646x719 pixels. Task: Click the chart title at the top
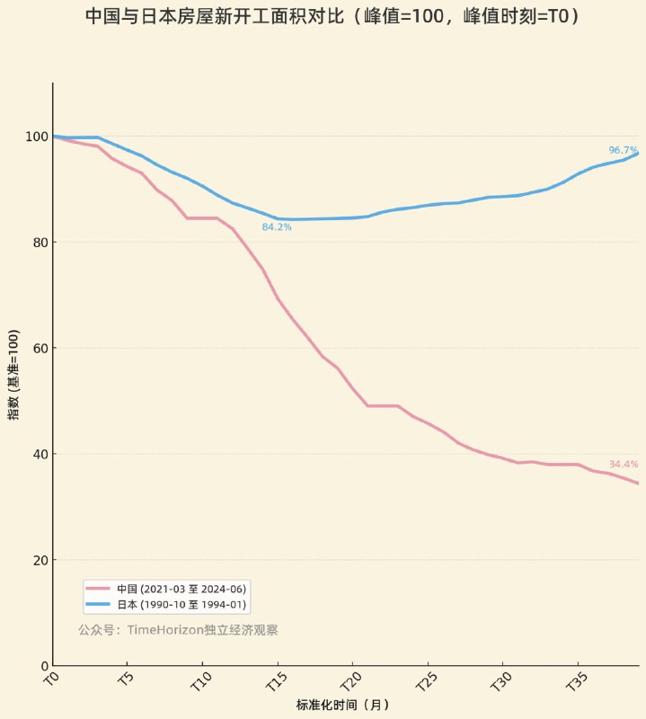[x=332, y=16]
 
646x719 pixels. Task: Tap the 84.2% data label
[x=277, y=227]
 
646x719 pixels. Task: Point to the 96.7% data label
[x=623, y=150]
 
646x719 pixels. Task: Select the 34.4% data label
[x=623, y=465]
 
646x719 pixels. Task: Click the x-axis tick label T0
[x=51, y=676]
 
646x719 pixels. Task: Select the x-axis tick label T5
[x=127, y=676]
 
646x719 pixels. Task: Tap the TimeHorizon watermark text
[x=178, y=630]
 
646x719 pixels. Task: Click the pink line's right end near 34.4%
[x=637, y=483]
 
